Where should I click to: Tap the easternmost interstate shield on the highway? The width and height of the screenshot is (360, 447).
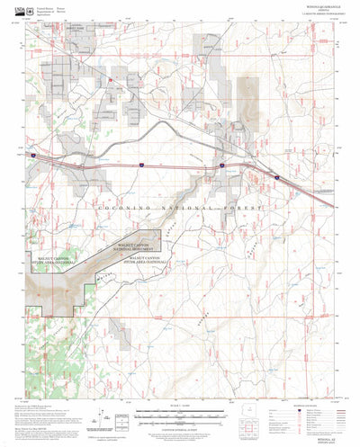tap(276, 178)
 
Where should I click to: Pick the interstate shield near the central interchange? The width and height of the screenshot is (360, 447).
tap(220, 166)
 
